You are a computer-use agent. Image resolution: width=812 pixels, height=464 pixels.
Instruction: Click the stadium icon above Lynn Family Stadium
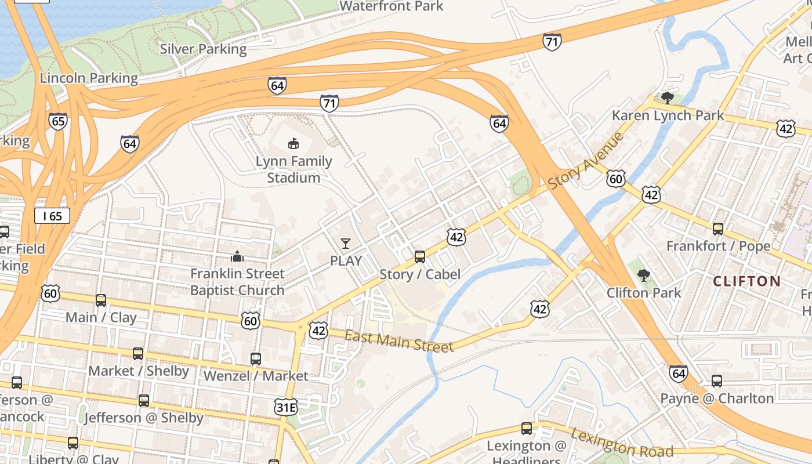point(293,143)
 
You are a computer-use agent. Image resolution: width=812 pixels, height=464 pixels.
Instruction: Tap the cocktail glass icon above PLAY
point(346,243)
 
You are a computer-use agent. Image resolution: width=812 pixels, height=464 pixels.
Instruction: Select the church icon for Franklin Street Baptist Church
point(237,256)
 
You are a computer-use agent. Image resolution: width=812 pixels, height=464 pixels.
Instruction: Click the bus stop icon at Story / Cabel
point(419,256)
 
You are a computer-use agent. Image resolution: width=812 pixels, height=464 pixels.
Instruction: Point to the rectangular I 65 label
point(52,216)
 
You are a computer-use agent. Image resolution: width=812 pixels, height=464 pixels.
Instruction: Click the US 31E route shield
point(286,407)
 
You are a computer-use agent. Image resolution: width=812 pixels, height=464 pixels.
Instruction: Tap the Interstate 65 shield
point(58,121)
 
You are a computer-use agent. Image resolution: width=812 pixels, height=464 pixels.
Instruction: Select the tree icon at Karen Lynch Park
point(668,97)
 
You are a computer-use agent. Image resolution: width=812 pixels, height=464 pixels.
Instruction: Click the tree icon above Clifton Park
point(643,275)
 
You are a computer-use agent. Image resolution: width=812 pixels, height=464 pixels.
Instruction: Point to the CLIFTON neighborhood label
point(746,282)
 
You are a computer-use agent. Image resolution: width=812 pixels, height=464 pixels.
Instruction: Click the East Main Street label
point(399,341)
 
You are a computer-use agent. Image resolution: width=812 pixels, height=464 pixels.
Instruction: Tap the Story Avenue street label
point(585,161)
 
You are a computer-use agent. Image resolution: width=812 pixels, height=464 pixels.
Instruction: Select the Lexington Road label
point(622,443)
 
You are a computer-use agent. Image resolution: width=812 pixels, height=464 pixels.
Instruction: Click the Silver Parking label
point(203,49)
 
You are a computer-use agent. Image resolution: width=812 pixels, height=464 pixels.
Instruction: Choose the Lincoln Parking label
point(89,78)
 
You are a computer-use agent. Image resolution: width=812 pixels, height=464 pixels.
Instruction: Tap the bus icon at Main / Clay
point(101,300)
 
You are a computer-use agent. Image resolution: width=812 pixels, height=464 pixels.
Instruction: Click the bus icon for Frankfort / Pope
point(718,229)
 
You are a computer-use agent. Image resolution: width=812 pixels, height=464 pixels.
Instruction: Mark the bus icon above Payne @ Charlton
point(717,380)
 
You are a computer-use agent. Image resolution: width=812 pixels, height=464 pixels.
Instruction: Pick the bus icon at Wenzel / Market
point(256,358)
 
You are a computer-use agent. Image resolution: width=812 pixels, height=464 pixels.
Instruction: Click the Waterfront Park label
point(391,6)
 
